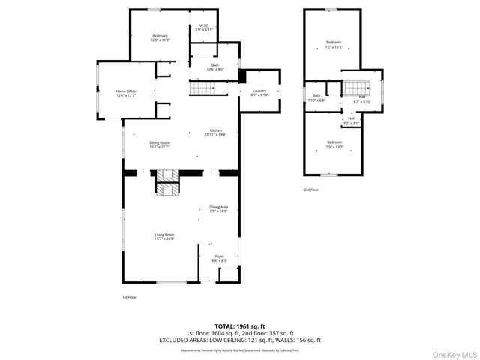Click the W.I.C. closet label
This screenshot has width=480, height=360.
tap(203, 28)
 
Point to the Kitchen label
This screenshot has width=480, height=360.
tap(216, 133)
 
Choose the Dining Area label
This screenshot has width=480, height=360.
tap(218, 209)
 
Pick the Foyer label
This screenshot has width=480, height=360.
tap(220, 258)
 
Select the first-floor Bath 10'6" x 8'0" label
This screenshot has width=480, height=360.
tap(215, 67)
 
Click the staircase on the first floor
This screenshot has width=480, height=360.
tap(206, 88)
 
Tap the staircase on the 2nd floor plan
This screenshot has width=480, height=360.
tap(353, 87)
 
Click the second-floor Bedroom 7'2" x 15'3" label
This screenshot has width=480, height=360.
tap(334, 44)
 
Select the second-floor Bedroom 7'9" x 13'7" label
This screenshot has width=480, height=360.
tap(334, 144)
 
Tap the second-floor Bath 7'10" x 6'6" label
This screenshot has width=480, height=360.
tap(316, 97)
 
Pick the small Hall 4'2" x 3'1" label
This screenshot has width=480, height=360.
tap(351, 120)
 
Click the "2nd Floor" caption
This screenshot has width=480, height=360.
tap(311, 190)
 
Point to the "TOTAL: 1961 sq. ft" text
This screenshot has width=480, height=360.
tap(240, 326)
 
